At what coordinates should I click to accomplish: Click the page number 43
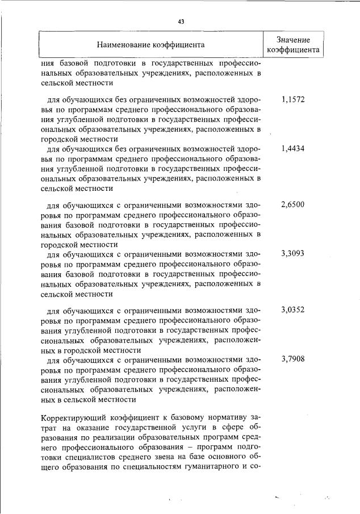(181, 22)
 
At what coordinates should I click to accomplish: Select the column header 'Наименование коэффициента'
(150, 44)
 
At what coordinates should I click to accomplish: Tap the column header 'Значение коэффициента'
(293, 44)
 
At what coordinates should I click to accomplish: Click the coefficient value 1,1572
(293, 99)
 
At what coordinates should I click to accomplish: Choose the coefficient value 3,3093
(293, 253)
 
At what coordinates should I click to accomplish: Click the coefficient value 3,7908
(293, 359)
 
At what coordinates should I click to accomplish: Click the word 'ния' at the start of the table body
(47, 63)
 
